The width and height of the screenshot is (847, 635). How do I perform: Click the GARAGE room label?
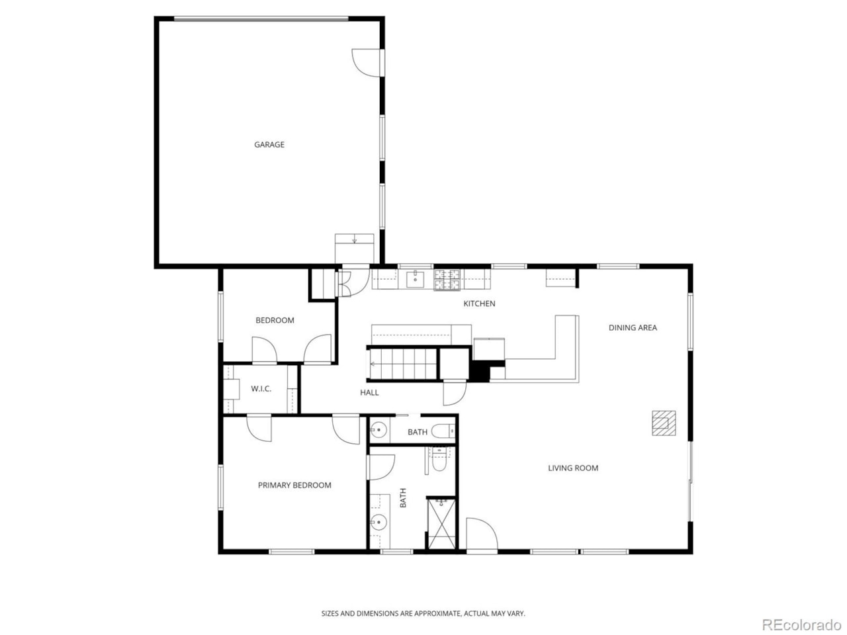269,144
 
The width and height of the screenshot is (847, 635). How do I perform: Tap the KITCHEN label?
479,304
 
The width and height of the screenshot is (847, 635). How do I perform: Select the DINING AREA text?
633,327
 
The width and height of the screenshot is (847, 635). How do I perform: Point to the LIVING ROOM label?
573,468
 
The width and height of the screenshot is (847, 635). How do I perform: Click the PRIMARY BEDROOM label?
294,485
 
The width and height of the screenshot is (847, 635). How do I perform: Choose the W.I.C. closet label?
261,388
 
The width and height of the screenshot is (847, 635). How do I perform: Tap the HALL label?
369,392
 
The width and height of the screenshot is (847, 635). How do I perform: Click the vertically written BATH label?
403,497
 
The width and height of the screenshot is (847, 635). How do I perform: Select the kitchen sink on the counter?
415,280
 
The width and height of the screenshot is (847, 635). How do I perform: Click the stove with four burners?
447,280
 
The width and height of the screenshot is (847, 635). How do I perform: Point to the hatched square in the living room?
664,423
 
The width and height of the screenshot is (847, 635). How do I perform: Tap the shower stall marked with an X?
441,523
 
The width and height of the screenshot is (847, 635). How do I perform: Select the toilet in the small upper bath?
443,432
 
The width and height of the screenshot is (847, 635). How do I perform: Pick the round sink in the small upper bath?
378,431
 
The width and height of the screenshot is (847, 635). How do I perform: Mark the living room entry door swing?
480,533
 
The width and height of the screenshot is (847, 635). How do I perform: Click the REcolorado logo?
801,624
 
